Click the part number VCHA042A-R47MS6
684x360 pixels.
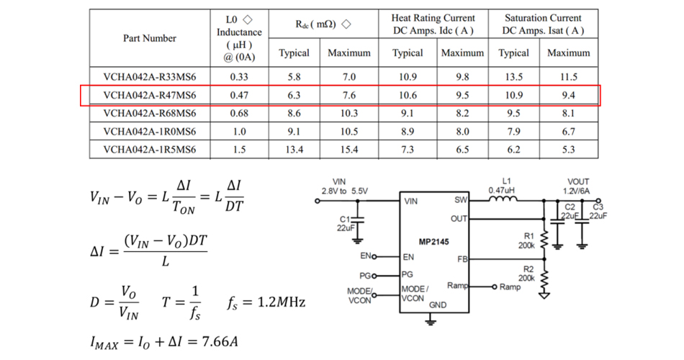point(149,95)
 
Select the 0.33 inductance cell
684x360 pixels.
point(239,77)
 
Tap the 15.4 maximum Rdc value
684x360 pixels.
point(348,149)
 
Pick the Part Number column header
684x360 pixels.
point(149,39)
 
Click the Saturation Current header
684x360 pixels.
point(542,24)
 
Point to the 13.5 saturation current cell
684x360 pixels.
point(513,77)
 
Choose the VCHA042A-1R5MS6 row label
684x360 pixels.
point(149,149)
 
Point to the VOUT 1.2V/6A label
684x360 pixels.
point(578,186)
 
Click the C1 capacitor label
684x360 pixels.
point(343,218)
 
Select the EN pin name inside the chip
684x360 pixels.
point(408,256)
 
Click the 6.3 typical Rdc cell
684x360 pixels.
point(294,95)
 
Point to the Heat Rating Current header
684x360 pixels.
point(433,24)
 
